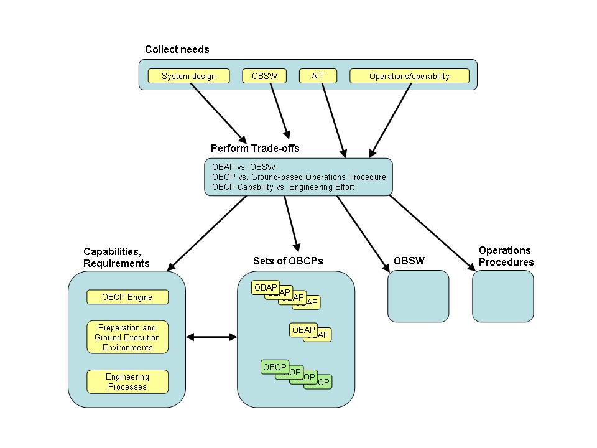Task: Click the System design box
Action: [188, 76]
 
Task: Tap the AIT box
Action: [318, 76]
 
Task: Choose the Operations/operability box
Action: [409, 76]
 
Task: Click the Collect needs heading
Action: [177, 49]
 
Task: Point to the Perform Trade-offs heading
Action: [255, 148]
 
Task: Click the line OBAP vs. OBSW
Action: [244, 167]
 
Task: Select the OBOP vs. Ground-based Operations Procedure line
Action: [298, 177]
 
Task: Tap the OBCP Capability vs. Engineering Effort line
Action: [283, 187]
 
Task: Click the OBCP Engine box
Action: [127, 297]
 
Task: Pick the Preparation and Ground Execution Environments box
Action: [127, 337]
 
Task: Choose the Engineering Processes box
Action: [127, 381]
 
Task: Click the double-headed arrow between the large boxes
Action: [211, 337]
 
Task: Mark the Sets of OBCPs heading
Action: [288, 261]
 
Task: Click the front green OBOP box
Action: [274, 367]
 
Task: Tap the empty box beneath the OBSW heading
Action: [418, 296]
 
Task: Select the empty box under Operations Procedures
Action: [502, 296]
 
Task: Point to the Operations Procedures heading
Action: [506, 256]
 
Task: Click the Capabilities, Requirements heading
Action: [116, 257]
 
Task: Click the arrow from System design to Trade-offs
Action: [218, 111]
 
